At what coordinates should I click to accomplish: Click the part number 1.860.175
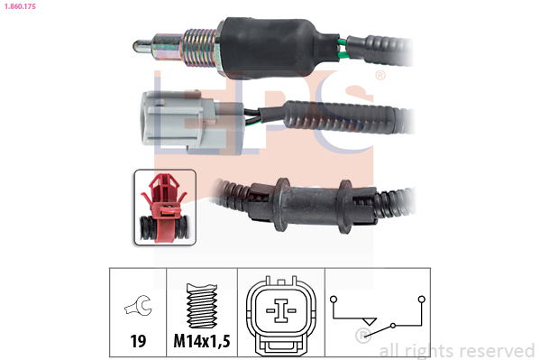point(20,5)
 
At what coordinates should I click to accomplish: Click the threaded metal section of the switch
point(199,48)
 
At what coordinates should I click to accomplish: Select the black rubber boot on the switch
point(276,48)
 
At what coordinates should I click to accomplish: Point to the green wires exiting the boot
point(343,49)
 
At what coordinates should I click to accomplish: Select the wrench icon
point(138,305)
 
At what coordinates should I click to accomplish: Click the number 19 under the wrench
point(138,341)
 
